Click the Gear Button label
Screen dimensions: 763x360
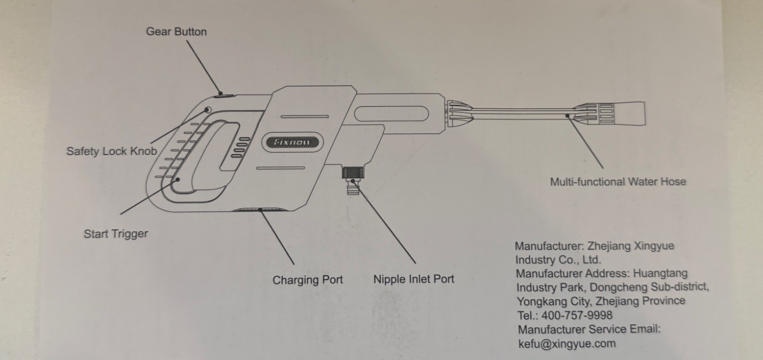[x=177, y=32]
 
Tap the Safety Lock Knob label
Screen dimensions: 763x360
[x=112, y=151]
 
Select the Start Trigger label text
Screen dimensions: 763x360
[x=116, y=234]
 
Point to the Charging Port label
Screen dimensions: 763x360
[x=308, y=280]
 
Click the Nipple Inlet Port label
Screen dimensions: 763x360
[x=414, y=279]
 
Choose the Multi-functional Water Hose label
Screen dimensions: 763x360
[x=618, y=182]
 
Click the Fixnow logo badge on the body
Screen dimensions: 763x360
[x=292, y=142]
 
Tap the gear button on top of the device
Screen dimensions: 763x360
[x=224, y=97]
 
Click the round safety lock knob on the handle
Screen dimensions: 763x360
[x=207, y=110]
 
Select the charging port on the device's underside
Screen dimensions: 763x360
[x=261, y=210]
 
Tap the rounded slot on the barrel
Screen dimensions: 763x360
[x=391, y=113]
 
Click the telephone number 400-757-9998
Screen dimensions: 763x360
[x=577, y=316]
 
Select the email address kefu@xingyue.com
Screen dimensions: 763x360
[x=567, y=344]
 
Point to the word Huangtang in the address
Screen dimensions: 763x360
[x=660, y=273]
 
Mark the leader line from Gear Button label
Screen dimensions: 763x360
[x=204, y=67]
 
